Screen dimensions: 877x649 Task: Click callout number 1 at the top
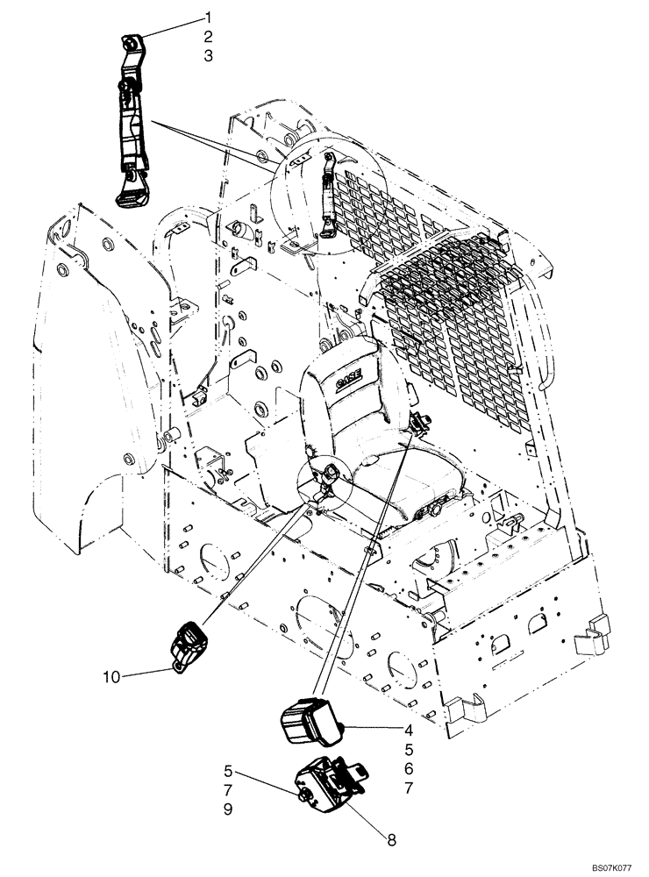click(x=208, y=17)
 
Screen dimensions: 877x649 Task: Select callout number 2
click(x=208, y=36)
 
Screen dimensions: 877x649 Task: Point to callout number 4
click(x=410, y=729)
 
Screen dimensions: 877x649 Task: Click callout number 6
click(x=410, y=769)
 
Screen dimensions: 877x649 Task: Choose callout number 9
click(x=227, y=810)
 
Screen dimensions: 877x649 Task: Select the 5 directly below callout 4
click(x=410, y=749)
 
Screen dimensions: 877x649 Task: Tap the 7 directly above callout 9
click(x=227, y=791)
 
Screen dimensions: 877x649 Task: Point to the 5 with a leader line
click(x=227, y=772)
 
